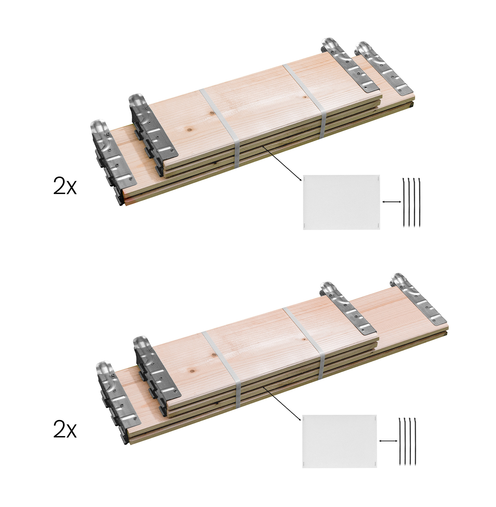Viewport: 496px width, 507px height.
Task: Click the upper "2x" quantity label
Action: pos(65,186)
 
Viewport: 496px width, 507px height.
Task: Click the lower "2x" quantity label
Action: pos(65,429)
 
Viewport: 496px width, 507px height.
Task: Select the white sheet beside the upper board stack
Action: pos(341,202)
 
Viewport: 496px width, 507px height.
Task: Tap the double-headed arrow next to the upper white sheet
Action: pos(391,202)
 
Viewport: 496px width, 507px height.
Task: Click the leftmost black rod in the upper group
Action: pos(404,203)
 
